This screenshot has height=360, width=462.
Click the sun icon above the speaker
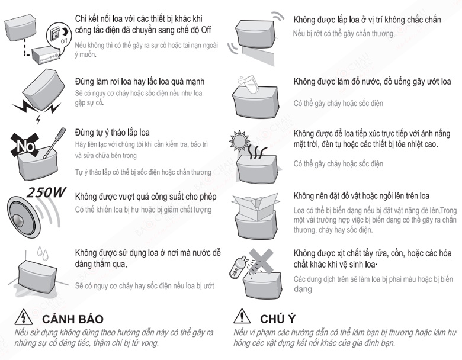[x=239, y=140]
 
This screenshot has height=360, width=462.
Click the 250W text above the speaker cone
[x=46, y=192]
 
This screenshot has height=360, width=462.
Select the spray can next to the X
[x=237, y=266]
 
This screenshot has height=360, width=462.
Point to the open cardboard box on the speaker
[x=255, y=206]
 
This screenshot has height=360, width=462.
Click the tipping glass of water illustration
[x=249, y=84]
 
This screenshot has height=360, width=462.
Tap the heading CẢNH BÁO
[x=72, y=319]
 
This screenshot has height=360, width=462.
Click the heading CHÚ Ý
[x=278, y=319]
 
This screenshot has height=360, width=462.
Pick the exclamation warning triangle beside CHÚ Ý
[x=242, y=316]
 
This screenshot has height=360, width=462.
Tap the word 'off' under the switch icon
[x=64, y=41]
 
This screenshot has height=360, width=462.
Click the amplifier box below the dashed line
[x=46, y=56]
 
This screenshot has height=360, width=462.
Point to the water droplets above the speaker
[x=43, y=253]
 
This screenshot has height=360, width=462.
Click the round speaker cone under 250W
[x=23, y=217]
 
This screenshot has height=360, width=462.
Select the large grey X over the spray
[x=261, y=261]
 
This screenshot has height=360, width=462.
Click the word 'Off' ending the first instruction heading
[x=206, y=30]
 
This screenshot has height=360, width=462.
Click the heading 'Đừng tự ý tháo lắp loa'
[x=113, y=133]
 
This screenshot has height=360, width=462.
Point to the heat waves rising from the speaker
[x=258, y=152]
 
